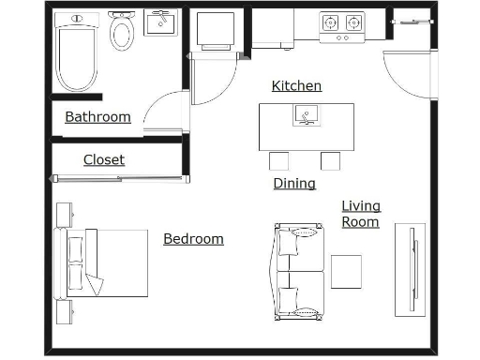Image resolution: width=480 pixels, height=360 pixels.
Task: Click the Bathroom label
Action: coord(97,117)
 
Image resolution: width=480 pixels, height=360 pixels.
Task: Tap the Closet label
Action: coord(103,159)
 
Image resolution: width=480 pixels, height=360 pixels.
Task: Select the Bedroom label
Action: coord(193,239)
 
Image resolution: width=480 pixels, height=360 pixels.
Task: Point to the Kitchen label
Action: coord(296,86)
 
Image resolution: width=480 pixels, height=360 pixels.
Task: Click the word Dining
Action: coord(294,184)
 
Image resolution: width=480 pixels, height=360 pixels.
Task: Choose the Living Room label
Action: coord(361,214)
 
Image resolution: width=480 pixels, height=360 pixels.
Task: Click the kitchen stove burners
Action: coord(342,22)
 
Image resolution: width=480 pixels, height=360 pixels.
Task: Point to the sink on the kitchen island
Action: coord(306,115)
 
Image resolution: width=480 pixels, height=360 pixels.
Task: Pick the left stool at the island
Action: coord(279,160)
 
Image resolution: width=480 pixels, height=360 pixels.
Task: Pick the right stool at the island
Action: coord(330,160)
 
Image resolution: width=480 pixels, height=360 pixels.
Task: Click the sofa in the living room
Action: coord(299,271)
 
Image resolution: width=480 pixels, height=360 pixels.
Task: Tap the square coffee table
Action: coord(347,271)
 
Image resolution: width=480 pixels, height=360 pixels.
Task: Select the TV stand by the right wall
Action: coord(410,269)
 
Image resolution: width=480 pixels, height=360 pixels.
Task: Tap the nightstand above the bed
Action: coord(65,214)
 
